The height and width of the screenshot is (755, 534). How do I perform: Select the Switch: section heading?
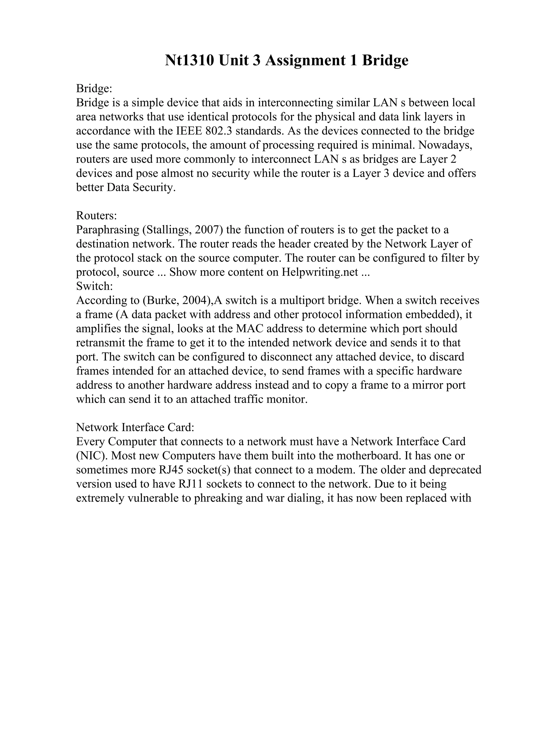click(x=94, y=286)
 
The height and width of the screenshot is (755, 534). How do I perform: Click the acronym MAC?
click(x=253, y=329)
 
